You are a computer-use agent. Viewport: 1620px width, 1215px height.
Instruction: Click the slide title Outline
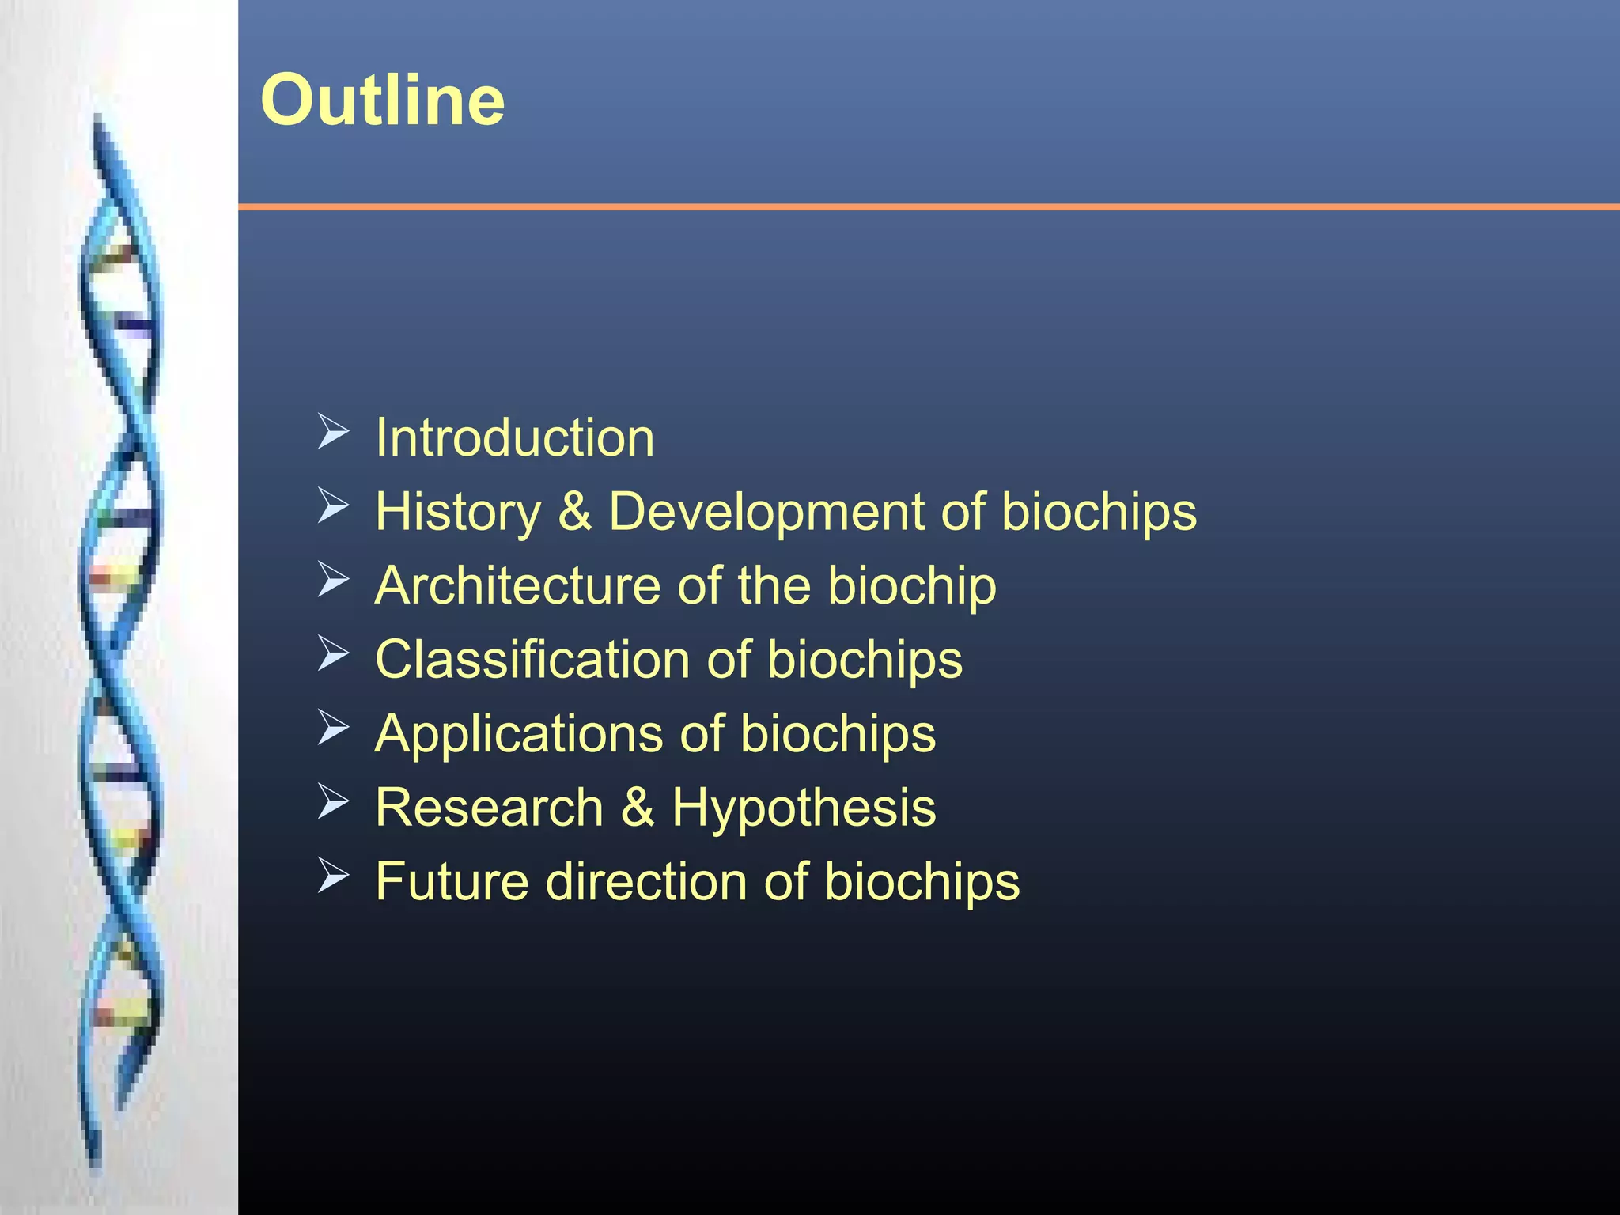(382, 100)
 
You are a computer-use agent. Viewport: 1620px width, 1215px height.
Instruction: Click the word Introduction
(515, 437)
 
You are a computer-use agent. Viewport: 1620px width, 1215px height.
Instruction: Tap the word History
(458, 512)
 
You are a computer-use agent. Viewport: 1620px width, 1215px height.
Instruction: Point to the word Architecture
(518, 586)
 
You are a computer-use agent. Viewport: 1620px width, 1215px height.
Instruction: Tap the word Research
(490, 808)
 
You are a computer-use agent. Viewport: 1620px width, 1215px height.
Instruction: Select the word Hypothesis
(804, 808)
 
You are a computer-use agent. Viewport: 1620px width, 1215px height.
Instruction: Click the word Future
(452, 881)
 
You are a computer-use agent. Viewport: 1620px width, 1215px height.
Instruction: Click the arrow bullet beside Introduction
(333, 432)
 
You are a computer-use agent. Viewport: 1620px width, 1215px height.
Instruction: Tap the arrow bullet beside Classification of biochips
(333, 654)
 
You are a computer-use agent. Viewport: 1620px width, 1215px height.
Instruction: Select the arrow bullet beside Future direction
(333, 876)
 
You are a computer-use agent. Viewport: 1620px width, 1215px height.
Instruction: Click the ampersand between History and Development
(575, 512)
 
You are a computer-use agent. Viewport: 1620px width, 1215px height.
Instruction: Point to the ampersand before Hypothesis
(638, 808)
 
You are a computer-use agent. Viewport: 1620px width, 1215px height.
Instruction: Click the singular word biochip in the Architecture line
(912, 586)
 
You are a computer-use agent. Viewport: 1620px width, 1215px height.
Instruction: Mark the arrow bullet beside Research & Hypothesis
(333, 802)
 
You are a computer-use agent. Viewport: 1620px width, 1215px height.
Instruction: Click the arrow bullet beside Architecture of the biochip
(333, 581)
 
